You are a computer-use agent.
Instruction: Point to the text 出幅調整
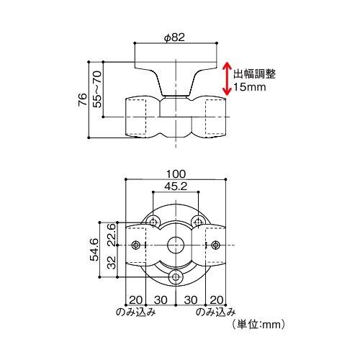(254, 73)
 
